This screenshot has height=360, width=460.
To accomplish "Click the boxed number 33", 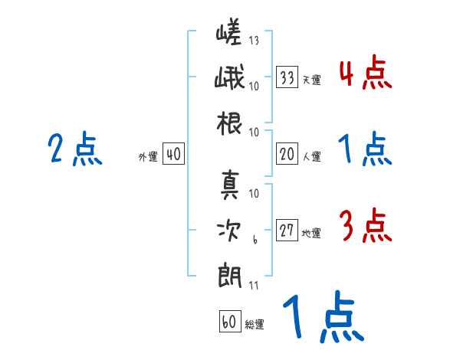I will click(287, 78).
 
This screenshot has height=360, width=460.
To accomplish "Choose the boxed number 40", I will click(173, 155).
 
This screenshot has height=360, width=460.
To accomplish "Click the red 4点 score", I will click(365, 74).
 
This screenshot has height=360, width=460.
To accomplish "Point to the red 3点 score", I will click(365, 227).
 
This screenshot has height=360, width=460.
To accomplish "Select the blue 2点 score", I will click(75, 149).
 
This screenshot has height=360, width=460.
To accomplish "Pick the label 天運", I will click(311, 80).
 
